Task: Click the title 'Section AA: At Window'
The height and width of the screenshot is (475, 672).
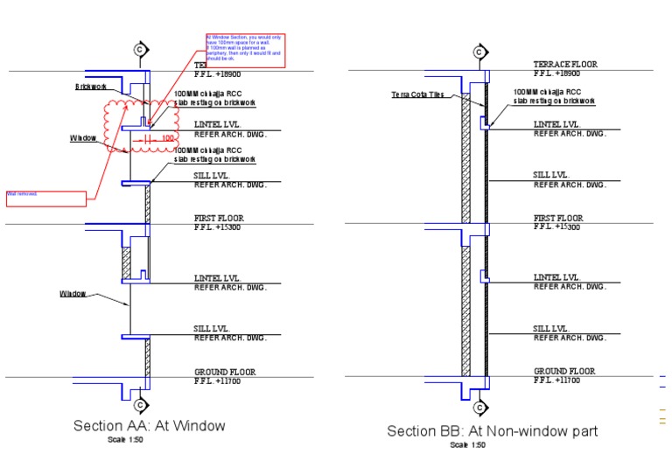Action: point(149,426)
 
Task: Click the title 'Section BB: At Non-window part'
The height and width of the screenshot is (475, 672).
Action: point(493,431)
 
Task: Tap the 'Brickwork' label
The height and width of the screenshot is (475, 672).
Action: point(90,87)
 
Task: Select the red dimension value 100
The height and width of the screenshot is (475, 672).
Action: point(168,138)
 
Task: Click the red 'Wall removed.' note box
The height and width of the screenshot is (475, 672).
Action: point(46,198)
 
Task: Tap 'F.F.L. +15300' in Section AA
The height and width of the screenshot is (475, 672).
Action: point(218,227)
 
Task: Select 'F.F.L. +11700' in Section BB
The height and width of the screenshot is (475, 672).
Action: point(556,381)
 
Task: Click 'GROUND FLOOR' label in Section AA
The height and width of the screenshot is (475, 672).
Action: point(225,372)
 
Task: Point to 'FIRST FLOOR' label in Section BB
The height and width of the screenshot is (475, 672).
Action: point(558,218)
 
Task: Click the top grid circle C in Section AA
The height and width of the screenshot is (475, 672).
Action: point(139,50)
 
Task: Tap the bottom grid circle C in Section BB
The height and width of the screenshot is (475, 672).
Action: point(479,408)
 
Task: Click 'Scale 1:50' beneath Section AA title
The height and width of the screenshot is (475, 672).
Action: point(121,439)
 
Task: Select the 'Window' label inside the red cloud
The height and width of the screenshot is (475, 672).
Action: point(83,138)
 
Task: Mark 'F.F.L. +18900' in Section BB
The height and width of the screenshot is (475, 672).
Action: point(556,73)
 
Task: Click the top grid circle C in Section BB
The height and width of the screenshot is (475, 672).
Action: point(479,52)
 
